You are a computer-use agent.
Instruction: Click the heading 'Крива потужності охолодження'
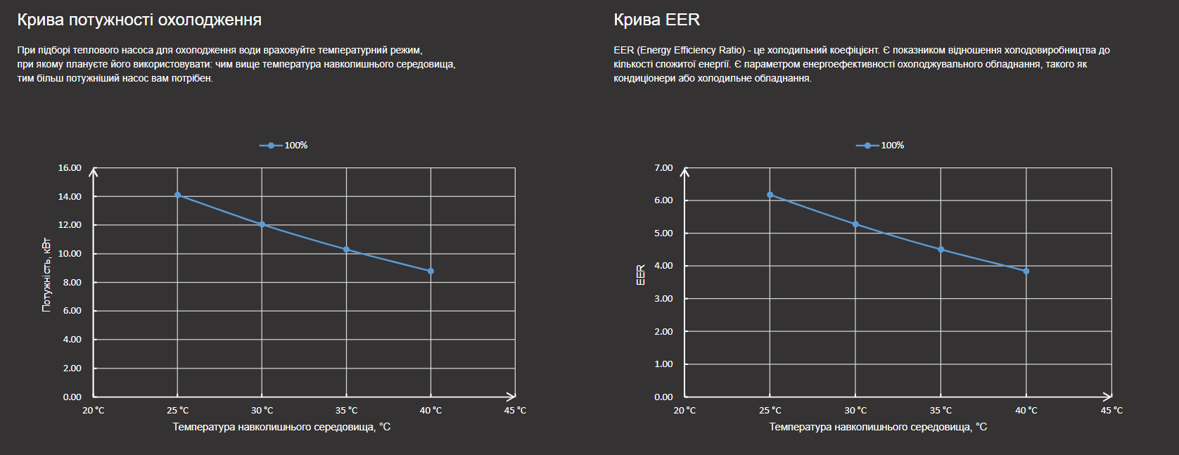139,20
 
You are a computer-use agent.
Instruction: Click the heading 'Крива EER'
656,20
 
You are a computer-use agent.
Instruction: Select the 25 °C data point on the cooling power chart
177,195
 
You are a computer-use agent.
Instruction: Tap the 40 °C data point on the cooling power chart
431,271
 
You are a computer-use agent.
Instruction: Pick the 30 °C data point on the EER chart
855,224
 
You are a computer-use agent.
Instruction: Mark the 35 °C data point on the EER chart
941,250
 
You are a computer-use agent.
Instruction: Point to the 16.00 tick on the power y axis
70,168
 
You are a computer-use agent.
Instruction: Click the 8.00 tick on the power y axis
72,282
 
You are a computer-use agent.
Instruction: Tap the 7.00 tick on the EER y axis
663,168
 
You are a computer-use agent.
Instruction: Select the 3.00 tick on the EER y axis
663,299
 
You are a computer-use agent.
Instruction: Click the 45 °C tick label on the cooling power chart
515,411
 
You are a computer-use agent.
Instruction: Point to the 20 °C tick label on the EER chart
684,411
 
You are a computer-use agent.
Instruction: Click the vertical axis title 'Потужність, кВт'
46,274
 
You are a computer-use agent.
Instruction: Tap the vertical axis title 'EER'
641,274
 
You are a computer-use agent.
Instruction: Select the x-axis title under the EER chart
878,427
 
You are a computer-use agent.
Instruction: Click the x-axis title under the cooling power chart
281,427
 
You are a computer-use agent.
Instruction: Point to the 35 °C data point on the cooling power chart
346,250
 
